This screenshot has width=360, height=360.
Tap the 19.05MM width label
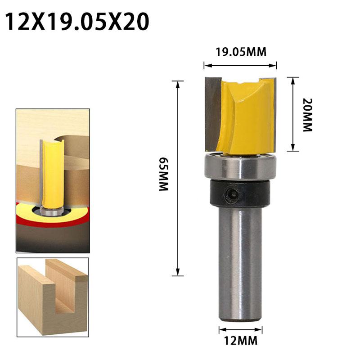(240, 52)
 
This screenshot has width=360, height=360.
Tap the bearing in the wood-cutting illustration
(52, 210)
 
